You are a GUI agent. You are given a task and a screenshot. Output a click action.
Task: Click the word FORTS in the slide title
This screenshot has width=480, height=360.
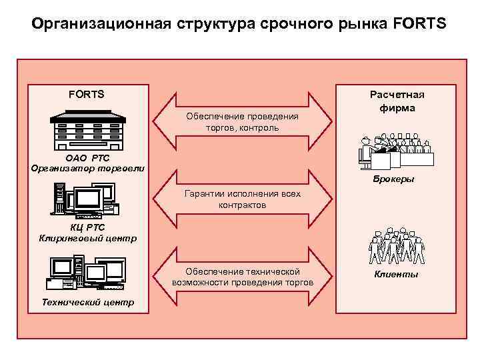423,25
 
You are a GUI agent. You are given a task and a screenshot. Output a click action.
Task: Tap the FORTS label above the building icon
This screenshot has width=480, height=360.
87,94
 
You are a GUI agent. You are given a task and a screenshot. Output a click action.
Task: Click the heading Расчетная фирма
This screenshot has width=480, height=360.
397,101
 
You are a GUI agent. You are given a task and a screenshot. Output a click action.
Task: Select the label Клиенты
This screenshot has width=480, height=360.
396,274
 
